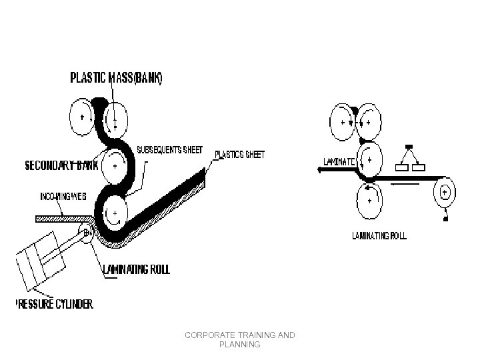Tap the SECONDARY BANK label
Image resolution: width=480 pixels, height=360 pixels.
(x=61, y=165)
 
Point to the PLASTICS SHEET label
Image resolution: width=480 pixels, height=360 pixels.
(x=239, y=154)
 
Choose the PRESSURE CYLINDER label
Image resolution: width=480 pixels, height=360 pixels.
(x=55, y=305)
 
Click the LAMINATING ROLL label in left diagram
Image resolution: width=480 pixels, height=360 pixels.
(x=137, y=269)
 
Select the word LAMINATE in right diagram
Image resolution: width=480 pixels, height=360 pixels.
(x=341, y=161)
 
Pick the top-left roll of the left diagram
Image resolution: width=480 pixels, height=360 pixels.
(x=83, y=117)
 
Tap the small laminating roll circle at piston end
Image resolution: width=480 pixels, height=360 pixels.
(x=87, y=232)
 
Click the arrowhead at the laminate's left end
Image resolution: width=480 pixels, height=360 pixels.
(x=322, y=170)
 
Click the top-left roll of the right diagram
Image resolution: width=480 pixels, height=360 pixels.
(x=343, y=123)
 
